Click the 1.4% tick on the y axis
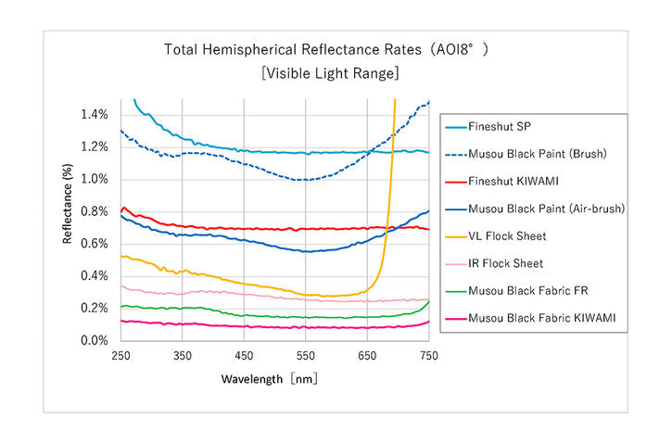coord(95,115)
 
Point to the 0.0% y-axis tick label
coord(95,341)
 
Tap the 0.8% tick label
coord(95,211)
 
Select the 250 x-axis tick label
coord(120,356)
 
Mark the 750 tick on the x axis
coord(428,356)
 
